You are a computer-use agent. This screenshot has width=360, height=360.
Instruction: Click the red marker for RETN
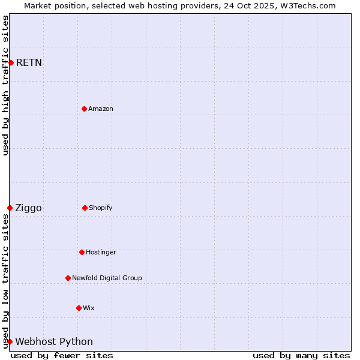[x=11, y=62]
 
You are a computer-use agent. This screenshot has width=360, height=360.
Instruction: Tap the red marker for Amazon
[x=84, y=109]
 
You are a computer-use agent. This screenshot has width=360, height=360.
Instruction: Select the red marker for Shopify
[x=85, y=208]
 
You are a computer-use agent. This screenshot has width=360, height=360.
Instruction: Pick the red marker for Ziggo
[x=10, y=208]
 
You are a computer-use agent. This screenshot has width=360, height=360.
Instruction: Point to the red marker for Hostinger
[x=82, y=252]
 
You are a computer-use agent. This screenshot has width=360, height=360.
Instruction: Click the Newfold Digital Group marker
[x=68, y=278]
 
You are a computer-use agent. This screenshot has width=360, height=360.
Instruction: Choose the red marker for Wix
[x=79, y=308]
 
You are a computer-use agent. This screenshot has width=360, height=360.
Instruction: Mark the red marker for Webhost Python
[x=10, y=341]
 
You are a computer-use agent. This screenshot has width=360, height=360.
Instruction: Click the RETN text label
[x=29, y=62]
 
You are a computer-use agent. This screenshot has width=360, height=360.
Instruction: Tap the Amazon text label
[x=101, y=109]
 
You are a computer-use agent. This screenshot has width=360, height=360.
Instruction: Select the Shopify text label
[x=101, y=208]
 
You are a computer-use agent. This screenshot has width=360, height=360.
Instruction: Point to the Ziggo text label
[x=28, y=208]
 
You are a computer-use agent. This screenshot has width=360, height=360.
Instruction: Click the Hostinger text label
[x=101, y=252]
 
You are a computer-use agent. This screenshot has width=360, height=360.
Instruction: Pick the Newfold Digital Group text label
[x=107, y=278]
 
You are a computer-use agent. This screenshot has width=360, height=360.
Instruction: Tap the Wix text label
[x=89, y=308]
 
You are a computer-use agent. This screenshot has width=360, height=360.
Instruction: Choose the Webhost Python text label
[x=54, y=341]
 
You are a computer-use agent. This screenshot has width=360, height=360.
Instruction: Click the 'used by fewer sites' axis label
[x=62, y=355]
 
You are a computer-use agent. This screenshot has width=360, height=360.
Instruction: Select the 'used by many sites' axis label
[x=301, y=355]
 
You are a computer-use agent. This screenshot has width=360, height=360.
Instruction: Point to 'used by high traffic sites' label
[x=5, y=85]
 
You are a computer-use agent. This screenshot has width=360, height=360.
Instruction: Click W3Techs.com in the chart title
[x=306, y=5]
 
